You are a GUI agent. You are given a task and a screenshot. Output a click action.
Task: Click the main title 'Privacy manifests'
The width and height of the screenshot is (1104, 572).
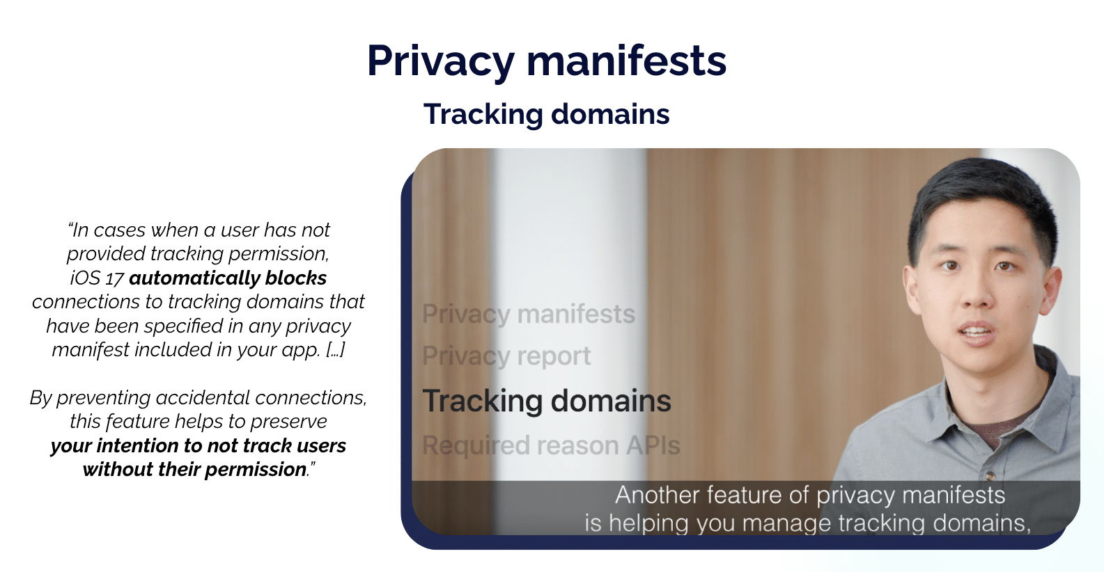point(547,61)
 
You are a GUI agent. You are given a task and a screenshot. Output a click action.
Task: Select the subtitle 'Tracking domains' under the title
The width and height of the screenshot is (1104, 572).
point(547,115)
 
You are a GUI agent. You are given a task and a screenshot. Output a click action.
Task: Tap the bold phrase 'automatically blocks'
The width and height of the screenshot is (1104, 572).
point(228,278)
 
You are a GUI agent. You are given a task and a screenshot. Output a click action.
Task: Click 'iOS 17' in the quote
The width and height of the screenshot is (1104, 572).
point(97,278)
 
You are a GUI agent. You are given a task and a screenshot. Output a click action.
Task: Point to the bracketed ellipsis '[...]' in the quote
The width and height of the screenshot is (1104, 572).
point(336,350)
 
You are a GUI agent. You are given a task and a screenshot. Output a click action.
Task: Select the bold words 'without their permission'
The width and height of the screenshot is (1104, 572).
point(194,470)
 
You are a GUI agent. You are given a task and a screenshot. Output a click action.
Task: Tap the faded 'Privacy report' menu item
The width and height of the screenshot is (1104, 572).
point(506,356)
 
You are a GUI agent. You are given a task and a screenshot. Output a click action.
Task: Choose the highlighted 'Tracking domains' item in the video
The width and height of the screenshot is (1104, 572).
point(547,402)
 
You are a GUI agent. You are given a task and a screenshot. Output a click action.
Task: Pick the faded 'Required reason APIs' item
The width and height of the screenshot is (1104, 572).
point(551,445)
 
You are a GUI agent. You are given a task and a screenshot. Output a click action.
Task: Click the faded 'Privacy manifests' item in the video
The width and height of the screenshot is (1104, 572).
point(529,315)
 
